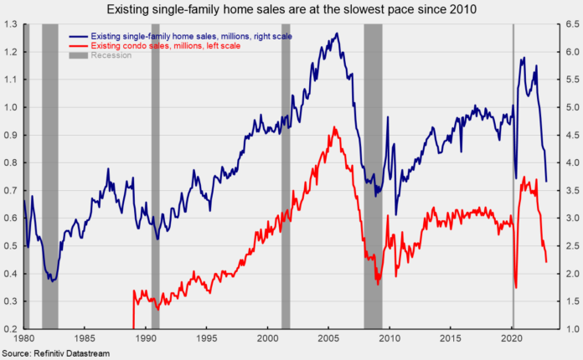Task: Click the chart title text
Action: coord(291,9)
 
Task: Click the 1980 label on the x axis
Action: coord(23,339)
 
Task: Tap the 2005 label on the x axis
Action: coord(328,339)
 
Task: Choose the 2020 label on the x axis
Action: coord(511,339)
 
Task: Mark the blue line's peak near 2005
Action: coord(337,34)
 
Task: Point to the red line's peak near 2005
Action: coord(334,127)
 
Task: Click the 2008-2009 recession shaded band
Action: coord(373,167)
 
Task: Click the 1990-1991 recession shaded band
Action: coord(155,167)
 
